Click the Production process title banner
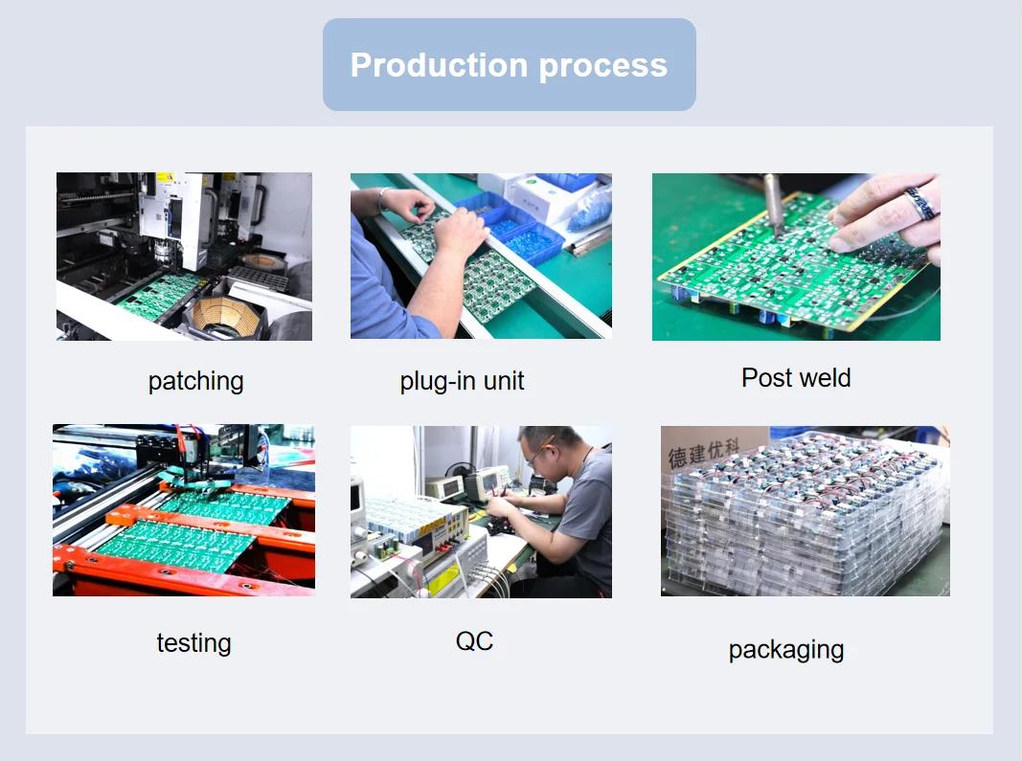(509, 65)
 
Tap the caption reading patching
(196, 381)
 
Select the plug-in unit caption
(462, 381)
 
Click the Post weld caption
(795, 378)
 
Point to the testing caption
(193, 642)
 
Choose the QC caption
(474, 640)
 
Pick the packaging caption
(785, 650)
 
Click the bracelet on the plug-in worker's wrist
(383, 199)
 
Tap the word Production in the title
(439, 65)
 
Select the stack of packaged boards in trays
(805, 517)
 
